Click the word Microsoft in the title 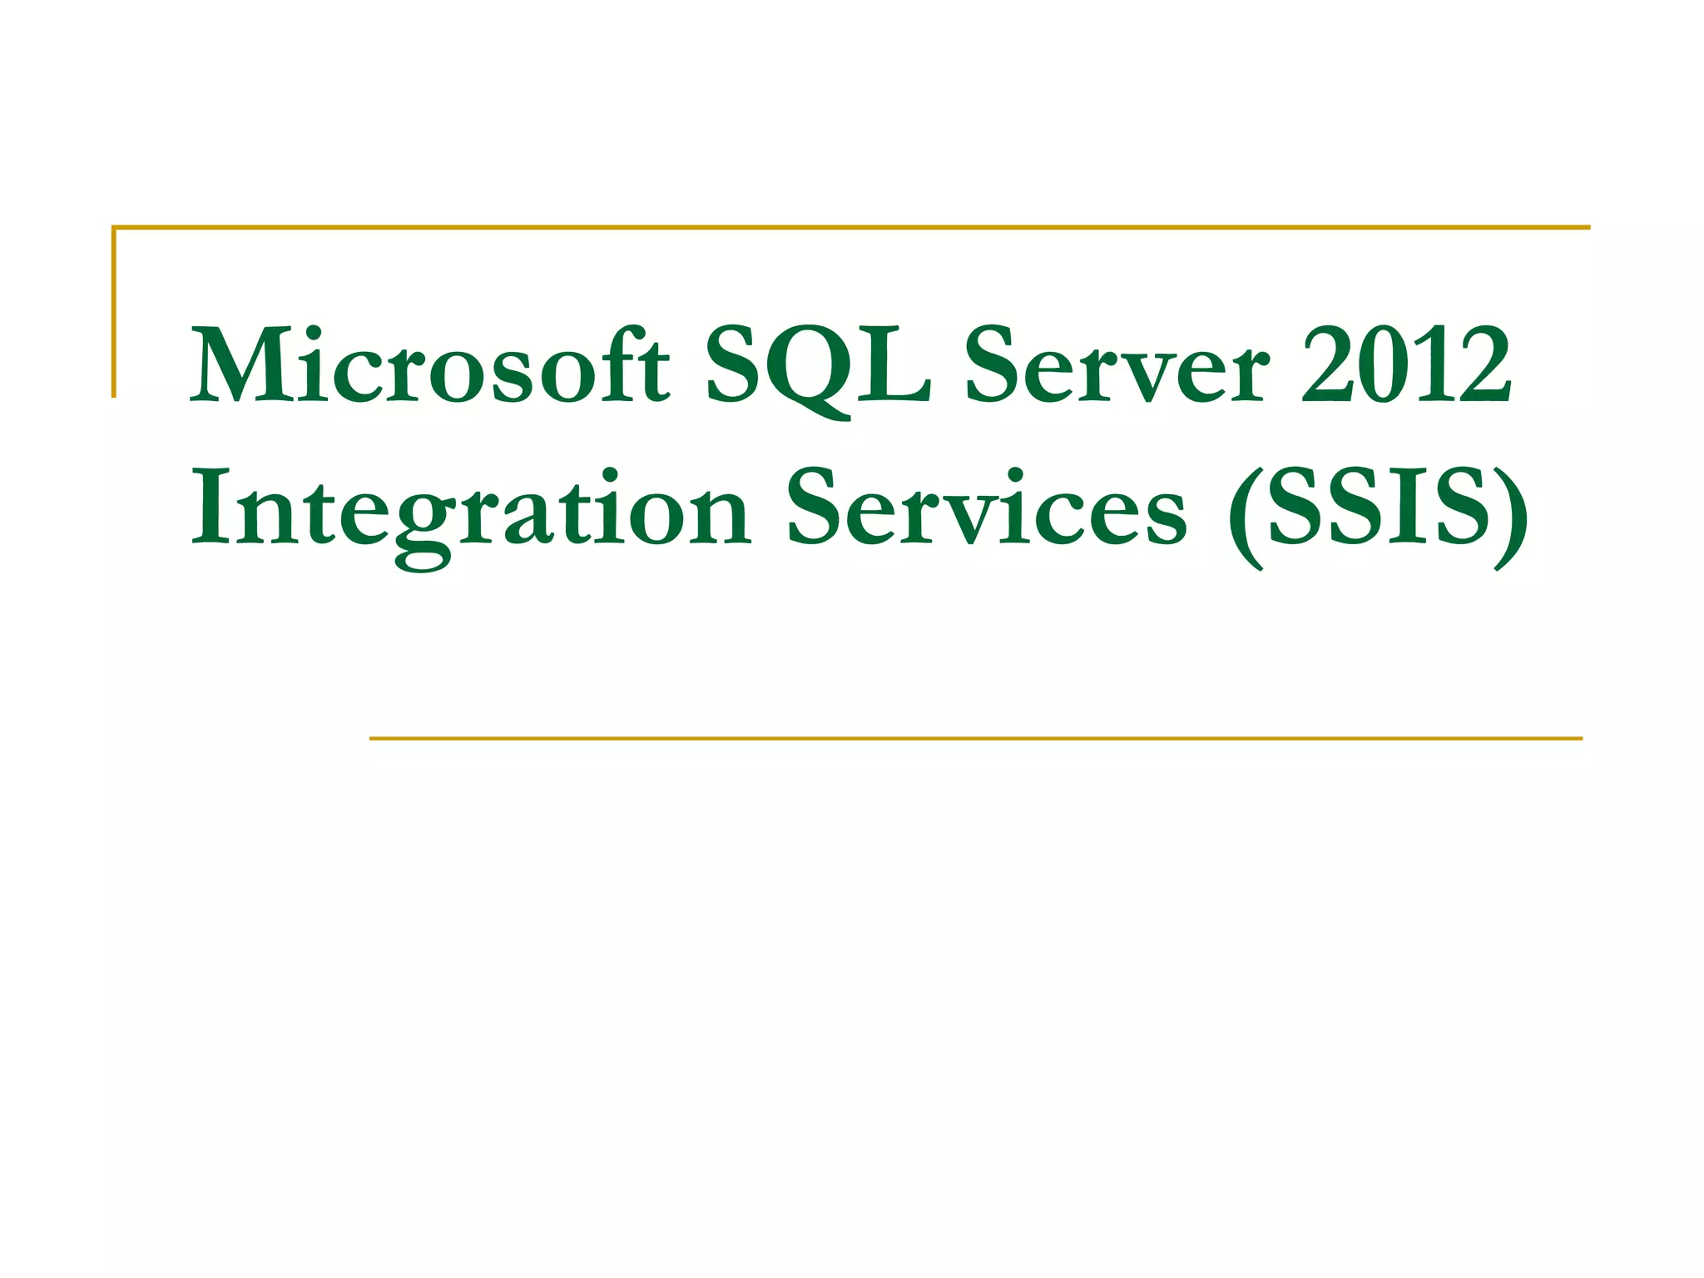point(429,366)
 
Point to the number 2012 point(1405,366)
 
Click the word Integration point(471,509)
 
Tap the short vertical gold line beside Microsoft point(114,311)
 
